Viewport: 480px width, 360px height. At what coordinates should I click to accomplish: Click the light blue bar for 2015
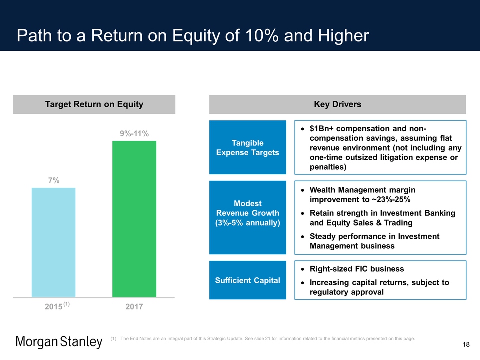click(x=53, y=242)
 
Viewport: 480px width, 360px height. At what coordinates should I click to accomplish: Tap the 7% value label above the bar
click(x=54, y=181)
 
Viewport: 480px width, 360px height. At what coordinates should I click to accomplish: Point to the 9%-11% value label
click(x=134, y=134)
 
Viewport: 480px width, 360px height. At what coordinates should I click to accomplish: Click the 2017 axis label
click(x=134, y=306)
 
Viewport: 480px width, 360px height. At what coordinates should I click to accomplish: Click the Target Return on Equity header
click(x=94, y=104)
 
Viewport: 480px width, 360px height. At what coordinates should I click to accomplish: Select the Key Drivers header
click(x=337, y=104)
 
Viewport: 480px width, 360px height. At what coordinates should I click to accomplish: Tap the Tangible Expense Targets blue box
click(x=247, y=147)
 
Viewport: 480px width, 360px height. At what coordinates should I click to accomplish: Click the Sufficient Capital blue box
click(x=247, y=280)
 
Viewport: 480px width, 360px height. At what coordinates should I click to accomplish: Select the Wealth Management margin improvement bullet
click(x=363, y=195)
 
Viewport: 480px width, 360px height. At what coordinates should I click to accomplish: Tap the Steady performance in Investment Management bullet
click(x=375, y=241)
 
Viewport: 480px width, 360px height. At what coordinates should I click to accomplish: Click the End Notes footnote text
click(x=267, y=339)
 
